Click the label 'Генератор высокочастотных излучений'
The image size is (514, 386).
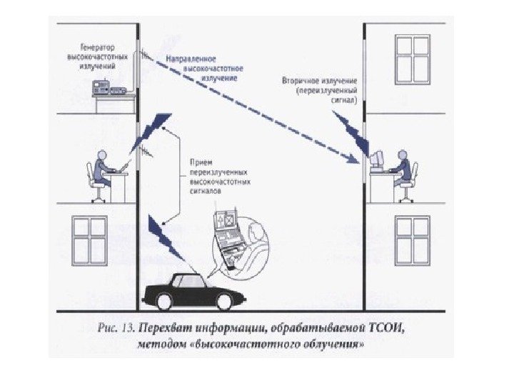[93, 54]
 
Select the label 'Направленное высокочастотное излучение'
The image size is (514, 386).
[203, 65]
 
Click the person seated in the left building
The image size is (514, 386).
[103, 172]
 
